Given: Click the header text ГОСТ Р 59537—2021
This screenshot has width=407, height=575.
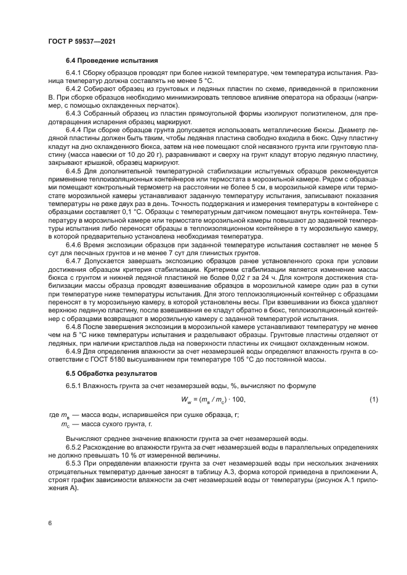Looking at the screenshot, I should [83, 41].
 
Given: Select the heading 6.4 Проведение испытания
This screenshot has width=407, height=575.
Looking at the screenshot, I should [112, 61].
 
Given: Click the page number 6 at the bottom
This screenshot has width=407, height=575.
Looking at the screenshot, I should [49, 523].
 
